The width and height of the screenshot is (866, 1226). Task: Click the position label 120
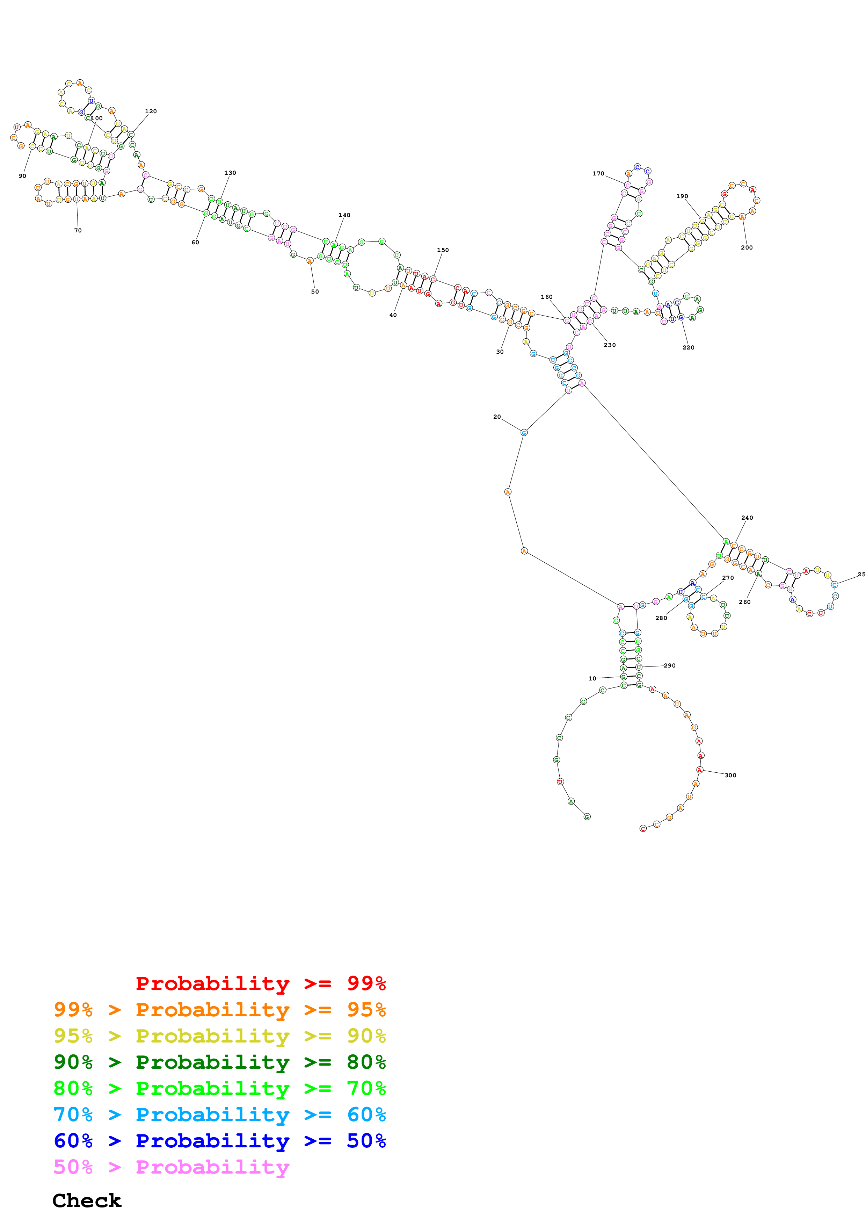coord(151,111)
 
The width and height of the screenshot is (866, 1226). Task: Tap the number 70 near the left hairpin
coord(78,231)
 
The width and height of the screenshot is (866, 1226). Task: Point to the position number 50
coord(315,291)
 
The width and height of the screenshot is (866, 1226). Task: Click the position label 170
coord(598,174)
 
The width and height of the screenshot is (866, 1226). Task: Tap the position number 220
coord(688,348)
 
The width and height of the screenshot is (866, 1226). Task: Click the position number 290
coord(670,666)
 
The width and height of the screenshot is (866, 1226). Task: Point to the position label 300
coord(730,775)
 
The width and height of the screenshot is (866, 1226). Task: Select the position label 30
coord(500,352)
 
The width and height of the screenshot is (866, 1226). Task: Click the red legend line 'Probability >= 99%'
coord(260,983)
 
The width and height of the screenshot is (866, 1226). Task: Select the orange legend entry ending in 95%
coord(219,1010)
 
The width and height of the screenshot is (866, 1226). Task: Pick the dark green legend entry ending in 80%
coord(219,1062)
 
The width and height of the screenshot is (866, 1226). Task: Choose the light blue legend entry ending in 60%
coord(219,1115)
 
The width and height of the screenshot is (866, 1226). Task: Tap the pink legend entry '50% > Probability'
coord(171,1167)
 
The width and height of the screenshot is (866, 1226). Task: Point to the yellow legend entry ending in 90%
coord(219,1036)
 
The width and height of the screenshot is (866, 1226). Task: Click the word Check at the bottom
coord(87,1200)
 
